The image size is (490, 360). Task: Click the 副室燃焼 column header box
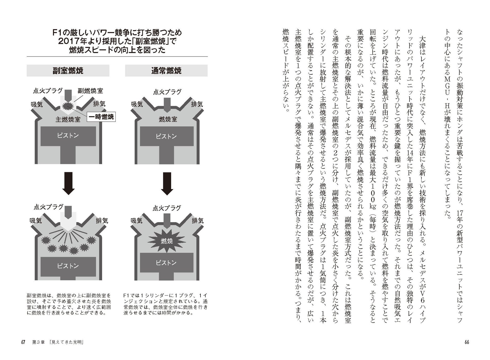point(68,70)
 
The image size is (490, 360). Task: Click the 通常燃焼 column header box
point(166,70)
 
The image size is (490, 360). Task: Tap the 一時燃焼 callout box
point(101,117)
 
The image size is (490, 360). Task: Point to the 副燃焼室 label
point(90,91)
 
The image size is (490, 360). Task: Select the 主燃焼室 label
point(68,119)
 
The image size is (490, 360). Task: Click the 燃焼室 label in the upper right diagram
point(168,119)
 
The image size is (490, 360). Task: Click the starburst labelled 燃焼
point(167,241)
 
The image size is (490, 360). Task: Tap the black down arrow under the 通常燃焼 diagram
point(167,183)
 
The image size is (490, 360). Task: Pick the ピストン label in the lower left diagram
point(68,266)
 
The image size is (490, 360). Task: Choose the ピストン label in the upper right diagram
point(166,136)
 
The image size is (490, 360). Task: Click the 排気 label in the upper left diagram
point(99,104)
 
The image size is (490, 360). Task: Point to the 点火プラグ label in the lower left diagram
point(49,207)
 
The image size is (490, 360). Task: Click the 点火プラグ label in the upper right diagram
point(167,92)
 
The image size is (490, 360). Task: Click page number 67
point(23,342)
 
